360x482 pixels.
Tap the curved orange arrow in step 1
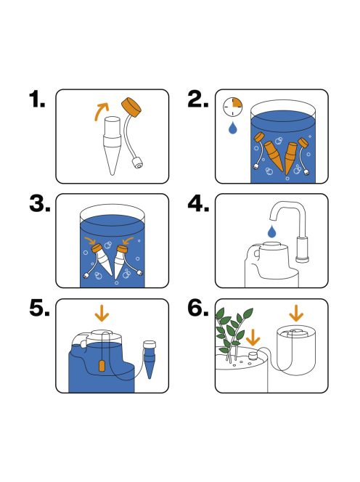pos(102,110)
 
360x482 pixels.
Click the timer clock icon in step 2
pos(232,106)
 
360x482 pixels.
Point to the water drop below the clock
pos(232,128)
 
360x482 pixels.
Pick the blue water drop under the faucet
pos(271,232)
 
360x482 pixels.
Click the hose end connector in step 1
pos(135,164)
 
